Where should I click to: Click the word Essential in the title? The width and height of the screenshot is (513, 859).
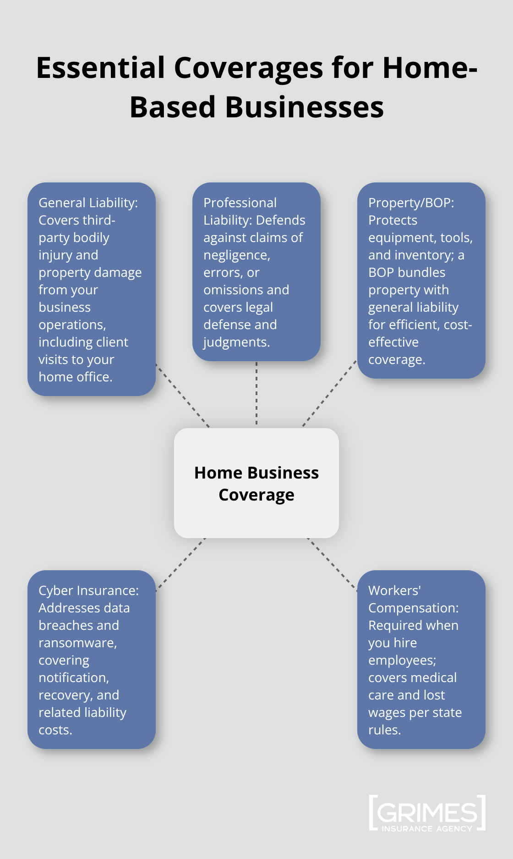pos(100,68)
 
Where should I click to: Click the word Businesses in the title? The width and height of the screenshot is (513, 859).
pos(304,107)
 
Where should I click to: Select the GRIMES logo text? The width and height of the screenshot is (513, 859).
pos(427,813)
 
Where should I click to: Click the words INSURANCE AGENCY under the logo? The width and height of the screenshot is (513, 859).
pos(426,829)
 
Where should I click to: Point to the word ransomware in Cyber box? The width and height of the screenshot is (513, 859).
pos(77,643)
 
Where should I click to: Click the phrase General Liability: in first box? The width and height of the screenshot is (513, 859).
pos(88,203)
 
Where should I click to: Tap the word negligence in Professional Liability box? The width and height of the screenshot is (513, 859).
pos(236,255)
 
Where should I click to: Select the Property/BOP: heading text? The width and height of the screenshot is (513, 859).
pos(411,203)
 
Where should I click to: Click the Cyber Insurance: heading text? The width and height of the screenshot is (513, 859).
pos(88,590)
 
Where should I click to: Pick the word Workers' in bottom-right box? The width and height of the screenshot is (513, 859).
pos(394,590)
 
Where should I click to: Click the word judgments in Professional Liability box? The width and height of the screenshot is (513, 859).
pos(236,342)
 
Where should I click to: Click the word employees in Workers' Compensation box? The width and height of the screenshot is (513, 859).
pos(401,661)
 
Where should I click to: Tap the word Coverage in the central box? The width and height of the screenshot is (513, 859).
pos(256,495)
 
